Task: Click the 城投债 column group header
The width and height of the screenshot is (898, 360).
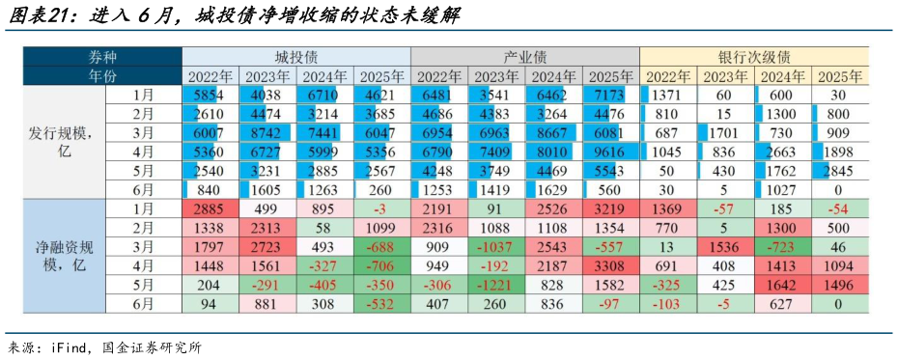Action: coord(296,56)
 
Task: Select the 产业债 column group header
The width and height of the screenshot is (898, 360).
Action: coord(525,56)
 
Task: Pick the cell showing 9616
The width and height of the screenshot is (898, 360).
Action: coord(610,152)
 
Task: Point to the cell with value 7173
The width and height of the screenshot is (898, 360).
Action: coord(610,95)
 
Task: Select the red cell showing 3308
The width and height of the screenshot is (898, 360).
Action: coord(610,265)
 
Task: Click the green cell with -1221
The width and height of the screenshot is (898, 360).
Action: coord(496,285)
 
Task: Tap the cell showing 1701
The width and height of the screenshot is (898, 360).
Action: coord(725,132)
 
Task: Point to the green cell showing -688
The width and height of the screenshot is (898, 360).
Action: coord(381,247)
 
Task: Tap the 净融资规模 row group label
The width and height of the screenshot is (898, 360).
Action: coord(62,256)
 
